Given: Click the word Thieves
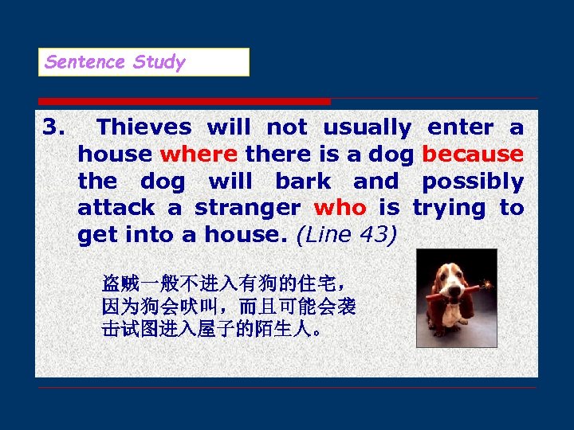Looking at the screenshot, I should [143, 127].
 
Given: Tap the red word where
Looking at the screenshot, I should [199, 154].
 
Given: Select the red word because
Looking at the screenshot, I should [472, 154].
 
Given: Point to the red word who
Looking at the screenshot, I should [340, 209].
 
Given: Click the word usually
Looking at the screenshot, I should [367, 127].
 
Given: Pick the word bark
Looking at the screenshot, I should [304, 182].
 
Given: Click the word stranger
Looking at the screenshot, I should [247, 209].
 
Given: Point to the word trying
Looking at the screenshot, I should [448, 209].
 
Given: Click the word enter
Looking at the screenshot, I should [460, 127].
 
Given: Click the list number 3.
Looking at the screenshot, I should [53, 127].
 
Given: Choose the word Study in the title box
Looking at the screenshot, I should [159, 62].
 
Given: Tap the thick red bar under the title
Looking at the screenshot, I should [183, 101].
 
